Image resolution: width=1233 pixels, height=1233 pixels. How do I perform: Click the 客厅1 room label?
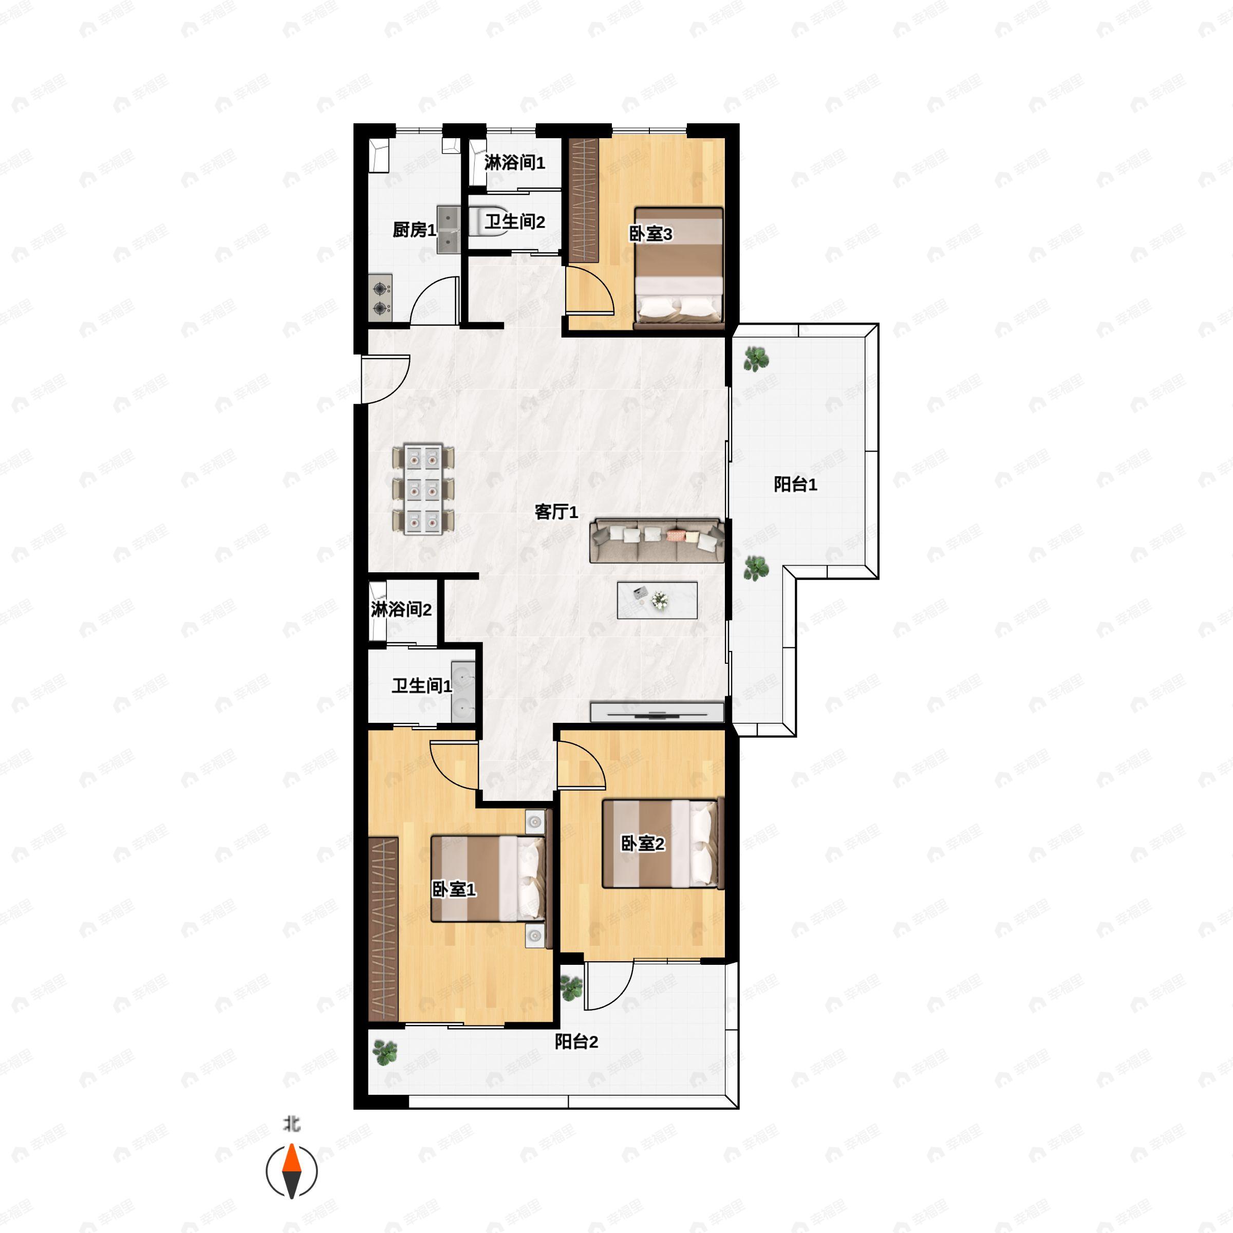coord(556,512)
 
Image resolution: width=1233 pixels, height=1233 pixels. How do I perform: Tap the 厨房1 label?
coord(414,230)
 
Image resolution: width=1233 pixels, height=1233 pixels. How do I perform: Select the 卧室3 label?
coord(650,234)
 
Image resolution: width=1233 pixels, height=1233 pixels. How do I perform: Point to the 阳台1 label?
coord(795,484)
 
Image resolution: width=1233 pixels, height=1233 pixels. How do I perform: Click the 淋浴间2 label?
coord(401,609)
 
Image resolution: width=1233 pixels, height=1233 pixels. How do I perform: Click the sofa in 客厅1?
coord(657,540)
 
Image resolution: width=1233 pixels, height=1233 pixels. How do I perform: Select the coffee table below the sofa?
coord(657,600)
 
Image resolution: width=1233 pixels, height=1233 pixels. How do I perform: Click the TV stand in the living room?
coord(657,712)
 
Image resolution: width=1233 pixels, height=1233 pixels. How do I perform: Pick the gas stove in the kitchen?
coord(380,297)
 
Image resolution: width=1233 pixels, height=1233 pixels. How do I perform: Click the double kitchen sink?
coord(449,230)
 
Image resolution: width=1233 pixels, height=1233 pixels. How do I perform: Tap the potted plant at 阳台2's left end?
coord(385,1051)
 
